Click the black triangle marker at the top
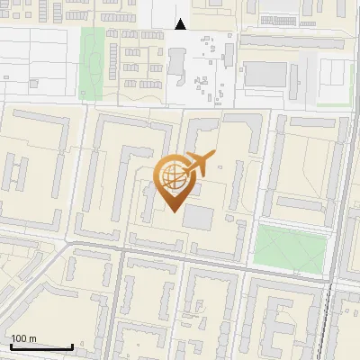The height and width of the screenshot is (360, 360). pos(181,24)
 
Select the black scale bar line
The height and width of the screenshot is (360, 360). pos(41,347)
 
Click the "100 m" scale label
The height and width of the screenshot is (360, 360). pos(24,338)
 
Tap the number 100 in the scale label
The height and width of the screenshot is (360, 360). pos(20,338)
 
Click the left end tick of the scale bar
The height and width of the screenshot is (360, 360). pos(11,346)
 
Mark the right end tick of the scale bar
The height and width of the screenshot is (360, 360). pos(72,346)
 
